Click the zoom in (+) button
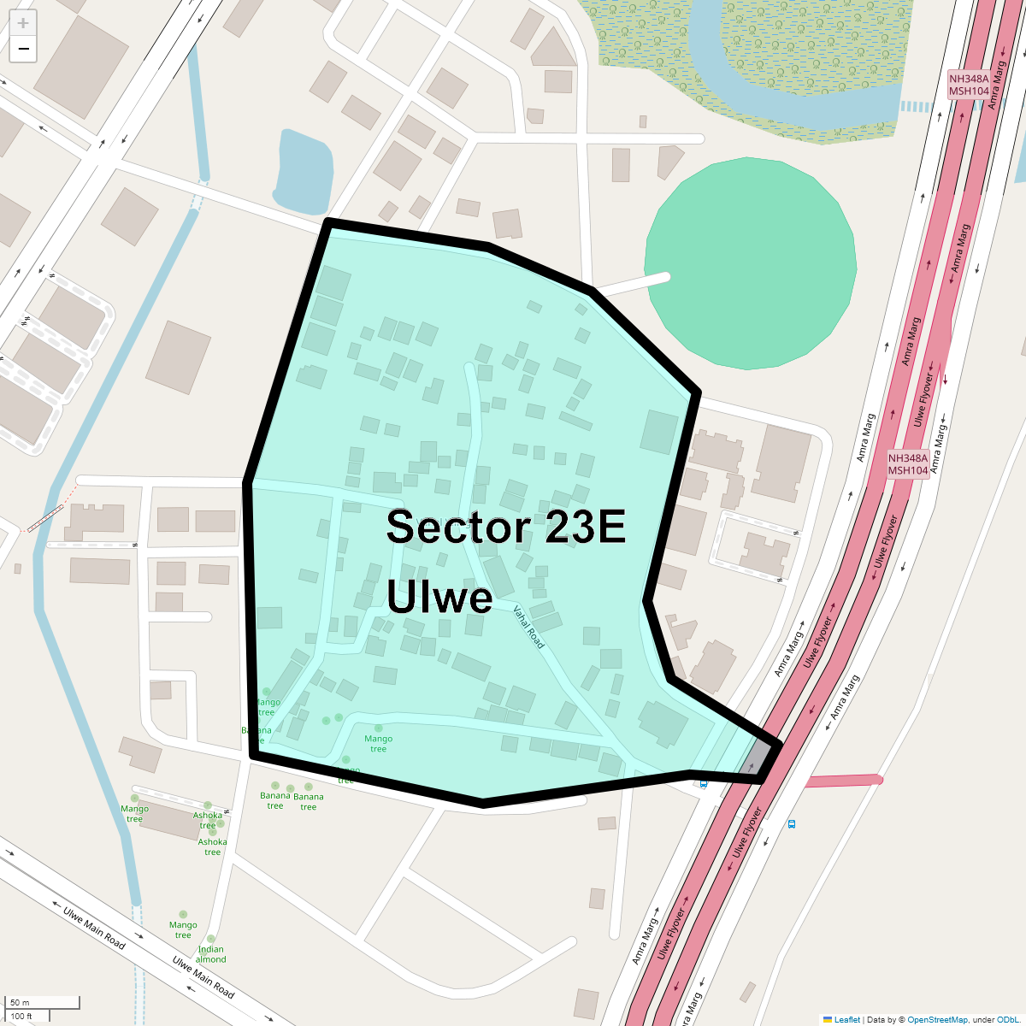[x=23, y=23]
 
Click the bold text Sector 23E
[x=506, y=528]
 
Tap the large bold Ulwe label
[x=439, y=597]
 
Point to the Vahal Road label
[x=528, y=627]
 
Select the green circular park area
[x=750, y=263]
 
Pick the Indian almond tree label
[x=211, y=954]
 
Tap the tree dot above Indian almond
[x=211, y=939]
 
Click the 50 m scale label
[x=20, y=1002]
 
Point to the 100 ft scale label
[x=21, y=1017]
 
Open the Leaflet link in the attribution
[x=847, y=1019]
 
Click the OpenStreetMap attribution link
[x=937, y=1019]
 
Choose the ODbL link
[x=1008, y=1019]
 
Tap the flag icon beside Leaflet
[x=827, y=1019]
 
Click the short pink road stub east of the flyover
[x=842, y=781]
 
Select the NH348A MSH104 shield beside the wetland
[x=969, y=85]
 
